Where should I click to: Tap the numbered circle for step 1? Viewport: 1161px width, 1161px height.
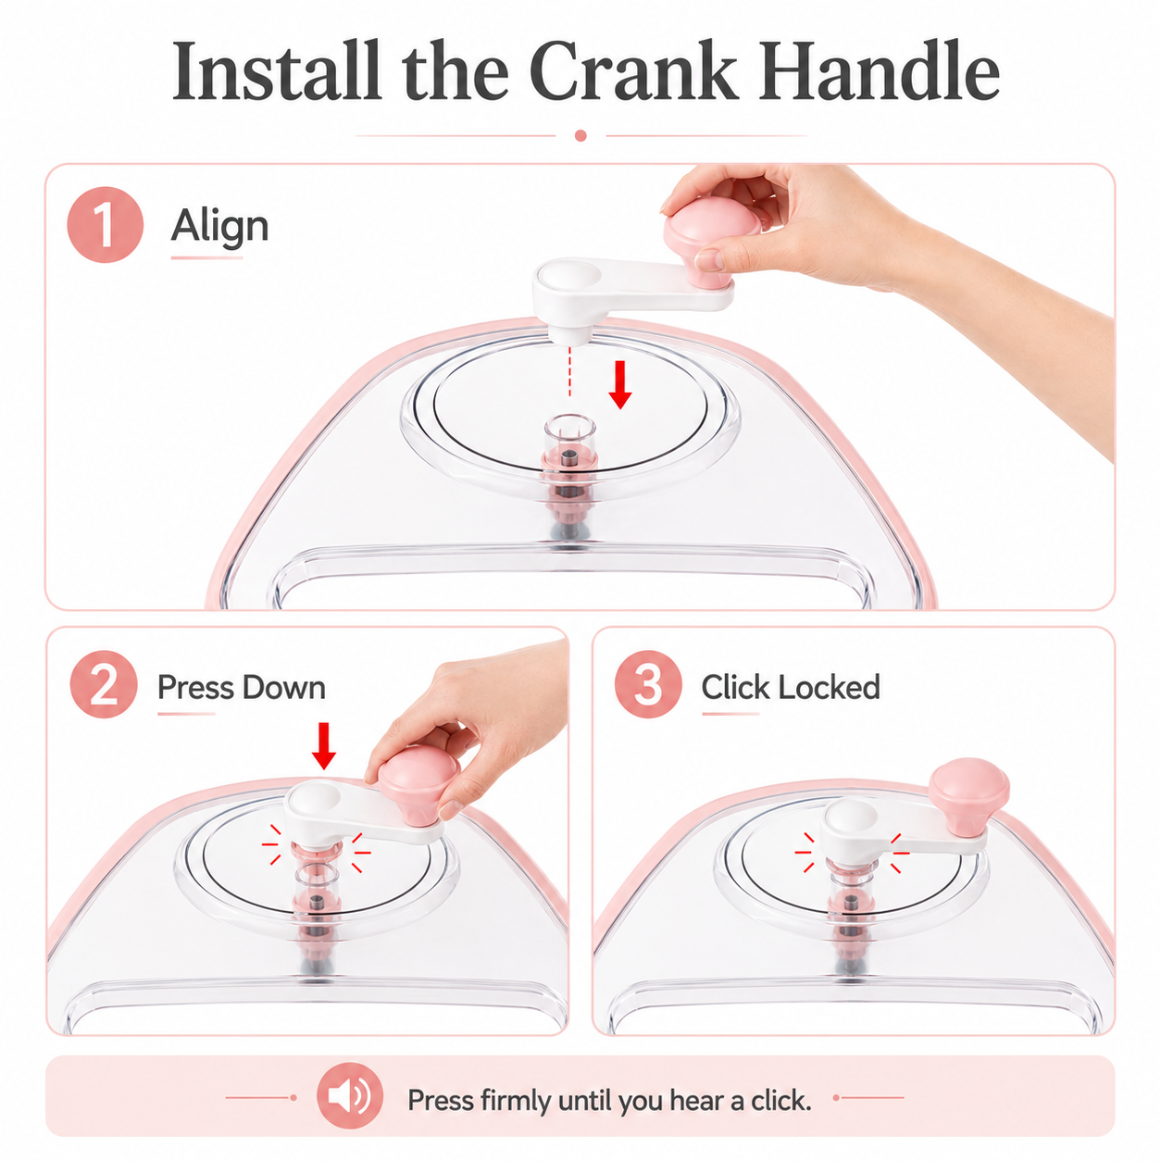(105, 225)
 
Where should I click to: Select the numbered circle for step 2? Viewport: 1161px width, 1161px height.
(105, 684)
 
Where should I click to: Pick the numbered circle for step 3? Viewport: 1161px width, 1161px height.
(648, 684)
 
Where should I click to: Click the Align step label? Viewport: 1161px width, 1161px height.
(219, 228)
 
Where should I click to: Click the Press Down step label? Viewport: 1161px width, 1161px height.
(241, 687)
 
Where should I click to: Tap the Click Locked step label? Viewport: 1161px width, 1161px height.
(791, 687)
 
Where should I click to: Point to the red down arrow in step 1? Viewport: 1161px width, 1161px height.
(620, 384)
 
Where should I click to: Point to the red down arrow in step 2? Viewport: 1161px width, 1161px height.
(324, 746)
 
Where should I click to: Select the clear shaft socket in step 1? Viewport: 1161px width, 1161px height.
(569, 442)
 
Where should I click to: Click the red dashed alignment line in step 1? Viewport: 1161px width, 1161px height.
(569, 370)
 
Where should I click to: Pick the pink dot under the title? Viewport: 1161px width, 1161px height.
(580, 135)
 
